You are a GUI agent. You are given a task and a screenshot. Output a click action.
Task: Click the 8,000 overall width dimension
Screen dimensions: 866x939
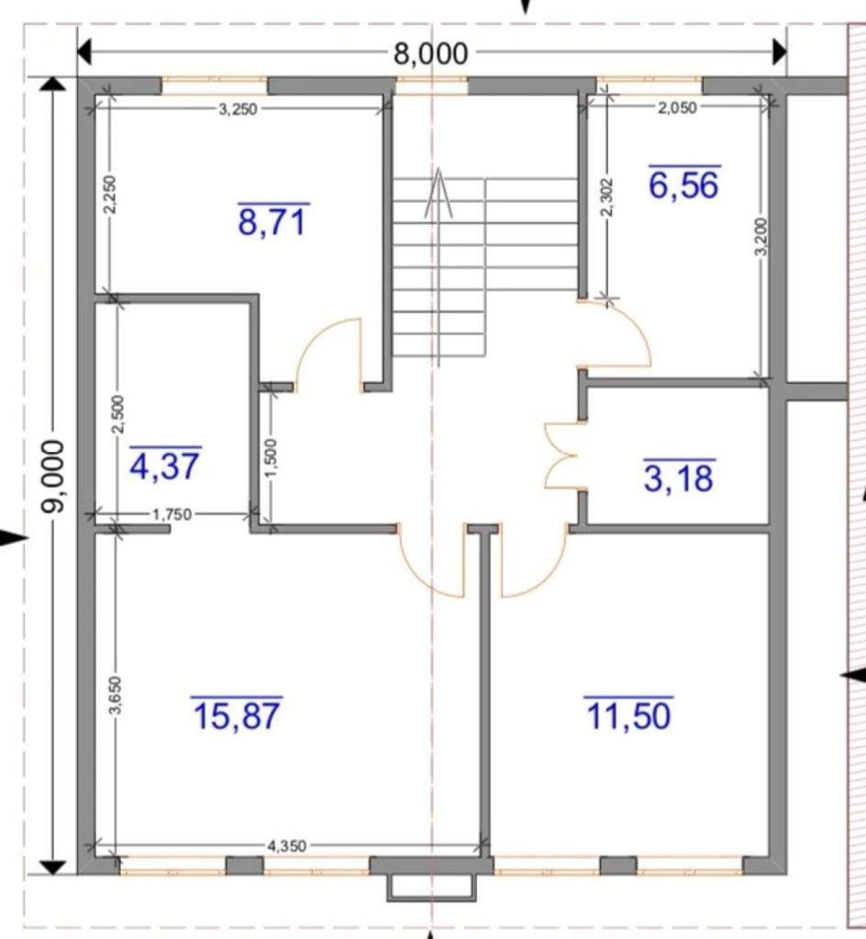(430, 53)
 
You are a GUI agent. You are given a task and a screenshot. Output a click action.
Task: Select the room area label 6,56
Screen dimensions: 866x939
(684, 185)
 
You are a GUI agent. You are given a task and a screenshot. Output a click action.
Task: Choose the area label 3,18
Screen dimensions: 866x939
(679, 478)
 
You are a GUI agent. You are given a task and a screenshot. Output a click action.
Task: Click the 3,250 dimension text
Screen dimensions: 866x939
(237, 110)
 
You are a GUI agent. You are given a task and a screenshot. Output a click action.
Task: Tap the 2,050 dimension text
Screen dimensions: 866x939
(677, 108)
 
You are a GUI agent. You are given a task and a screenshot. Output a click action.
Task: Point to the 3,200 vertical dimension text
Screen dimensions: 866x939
(760, 236)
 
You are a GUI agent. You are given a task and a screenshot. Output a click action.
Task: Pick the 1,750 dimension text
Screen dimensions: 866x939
(172, 514)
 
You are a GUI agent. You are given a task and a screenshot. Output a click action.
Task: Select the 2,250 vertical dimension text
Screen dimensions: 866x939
(109, 194)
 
